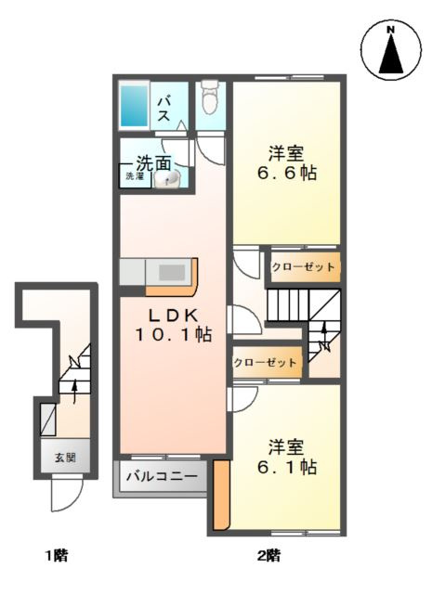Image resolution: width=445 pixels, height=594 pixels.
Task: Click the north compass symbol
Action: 391,53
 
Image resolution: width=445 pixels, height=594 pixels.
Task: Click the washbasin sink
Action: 169,180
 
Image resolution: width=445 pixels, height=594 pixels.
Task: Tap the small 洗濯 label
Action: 134,176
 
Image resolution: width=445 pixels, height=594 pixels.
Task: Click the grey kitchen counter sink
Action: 173,272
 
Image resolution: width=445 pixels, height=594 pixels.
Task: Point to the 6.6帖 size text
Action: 286,174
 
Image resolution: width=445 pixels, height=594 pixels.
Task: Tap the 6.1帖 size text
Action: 286,467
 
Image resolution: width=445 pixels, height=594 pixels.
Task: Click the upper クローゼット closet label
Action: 304,267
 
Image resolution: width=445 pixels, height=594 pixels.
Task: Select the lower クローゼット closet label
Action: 266,362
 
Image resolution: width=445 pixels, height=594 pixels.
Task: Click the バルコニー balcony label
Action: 162,479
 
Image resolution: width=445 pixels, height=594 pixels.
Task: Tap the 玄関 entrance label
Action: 65,457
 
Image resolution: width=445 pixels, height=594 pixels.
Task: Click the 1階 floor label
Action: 56,557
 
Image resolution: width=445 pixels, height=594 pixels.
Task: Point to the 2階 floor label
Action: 268,557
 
